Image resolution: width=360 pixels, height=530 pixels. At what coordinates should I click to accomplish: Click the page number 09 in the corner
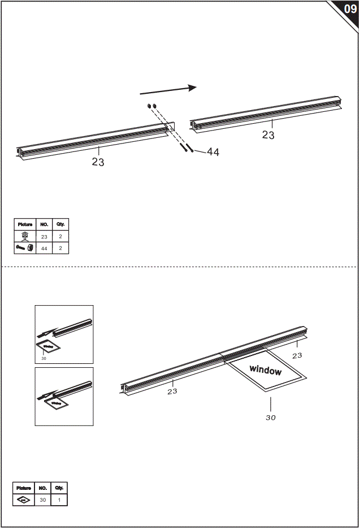pyautogui.click(x=350, y=9)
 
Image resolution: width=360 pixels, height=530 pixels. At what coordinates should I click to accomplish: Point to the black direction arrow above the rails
pyautogui.click(x=168, y=90)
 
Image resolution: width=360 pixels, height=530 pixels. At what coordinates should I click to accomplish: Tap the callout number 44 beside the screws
pyautogui.click(x=212, y=152)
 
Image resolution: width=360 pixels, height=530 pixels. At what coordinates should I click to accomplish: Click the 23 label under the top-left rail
pyautogui.click(x=98, y=162)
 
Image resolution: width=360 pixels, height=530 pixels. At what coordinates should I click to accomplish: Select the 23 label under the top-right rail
pyautogui.click(x=268, y=135)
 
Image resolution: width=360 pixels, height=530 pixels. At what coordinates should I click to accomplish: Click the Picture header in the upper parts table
pyautogui.click(x=25, y=224)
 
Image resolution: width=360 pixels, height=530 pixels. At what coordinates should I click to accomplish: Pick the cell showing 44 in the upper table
pyautogui.click(x=44, y=248)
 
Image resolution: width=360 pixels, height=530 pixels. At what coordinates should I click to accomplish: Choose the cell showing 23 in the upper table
pyautogui.click(x=44, y=236)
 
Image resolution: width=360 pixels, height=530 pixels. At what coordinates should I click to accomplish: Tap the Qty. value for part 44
pyautogui.click(x=60, y=248)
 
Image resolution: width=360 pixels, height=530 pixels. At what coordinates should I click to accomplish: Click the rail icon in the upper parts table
pyautogui.click(x=25, y=236)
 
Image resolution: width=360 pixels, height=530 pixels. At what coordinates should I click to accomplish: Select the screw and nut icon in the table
pyautogui.click(x=25, y=248)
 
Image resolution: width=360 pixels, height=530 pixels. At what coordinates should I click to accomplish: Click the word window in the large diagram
pyautogui.click(x=266, y=371)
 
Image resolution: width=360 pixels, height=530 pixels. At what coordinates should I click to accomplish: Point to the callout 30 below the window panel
pyautogui.click(x=271, y=418)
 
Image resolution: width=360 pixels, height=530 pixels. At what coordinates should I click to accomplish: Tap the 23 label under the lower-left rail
pyautogui.click(x=172, y=391)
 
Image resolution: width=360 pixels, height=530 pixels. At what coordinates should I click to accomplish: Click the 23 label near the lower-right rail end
pyautogui.click(x=297, y=355)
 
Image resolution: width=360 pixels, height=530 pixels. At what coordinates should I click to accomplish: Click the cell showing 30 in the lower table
pyautogui.click(x=43, y=500)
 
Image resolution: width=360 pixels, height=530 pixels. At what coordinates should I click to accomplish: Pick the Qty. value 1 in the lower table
pyautogui.click(x=59, y=500)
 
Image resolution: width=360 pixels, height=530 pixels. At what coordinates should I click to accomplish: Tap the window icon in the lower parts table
pyautogui.click(x=24, y=500)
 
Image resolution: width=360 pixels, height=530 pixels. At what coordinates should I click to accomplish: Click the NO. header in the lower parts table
pyautogui.click(x=43, y=488)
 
